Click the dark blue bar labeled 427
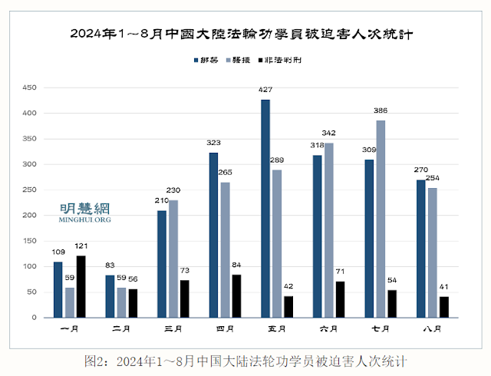click(265, 208)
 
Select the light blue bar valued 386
click(381, 219)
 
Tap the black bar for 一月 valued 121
click(81, 286)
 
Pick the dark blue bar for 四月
click(214, 235)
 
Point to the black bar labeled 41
click(443, 307)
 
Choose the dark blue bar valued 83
click(110, 296)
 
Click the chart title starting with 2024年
click(245, 35)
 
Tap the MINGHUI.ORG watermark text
click(84, 219)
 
